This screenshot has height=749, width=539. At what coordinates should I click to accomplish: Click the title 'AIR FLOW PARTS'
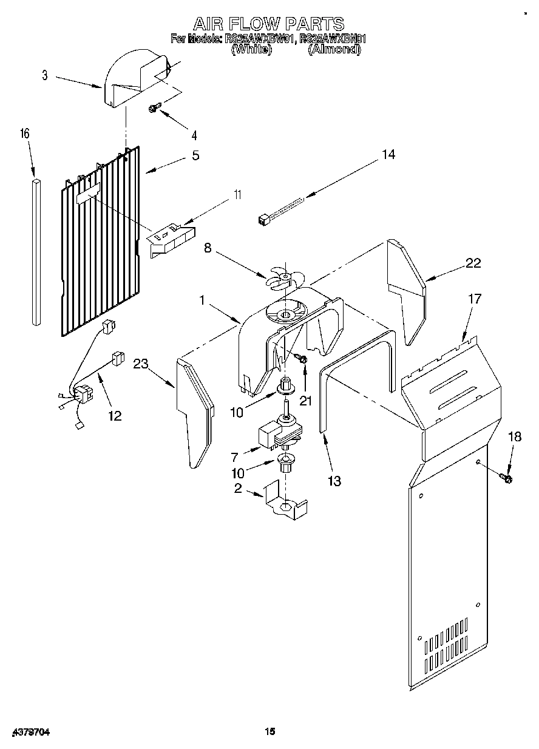269,24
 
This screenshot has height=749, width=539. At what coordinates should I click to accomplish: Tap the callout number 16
26,134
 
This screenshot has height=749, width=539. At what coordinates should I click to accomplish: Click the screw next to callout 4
154,108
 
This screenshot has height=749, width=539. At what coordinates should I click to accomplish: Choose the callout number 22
473,263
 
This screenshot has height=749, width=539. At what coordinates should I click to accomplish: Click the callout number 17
474,299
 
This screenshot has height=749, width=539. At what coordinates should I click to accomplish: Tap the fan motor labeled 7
275,433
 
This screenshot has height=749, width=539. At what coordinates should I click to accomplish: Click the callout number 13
333,481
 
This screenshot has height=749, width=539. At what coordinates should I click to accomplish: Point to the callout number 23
141,364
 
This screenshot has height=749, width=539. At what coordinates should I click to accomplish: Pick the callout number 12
114,416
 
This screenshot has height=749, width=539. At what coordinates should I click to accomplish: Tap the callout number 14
388,155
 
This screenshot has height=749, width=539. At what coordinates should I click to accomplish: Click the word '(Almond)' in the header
333,50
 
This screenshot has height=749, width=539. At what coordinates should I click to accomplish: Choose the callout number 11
237,195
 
